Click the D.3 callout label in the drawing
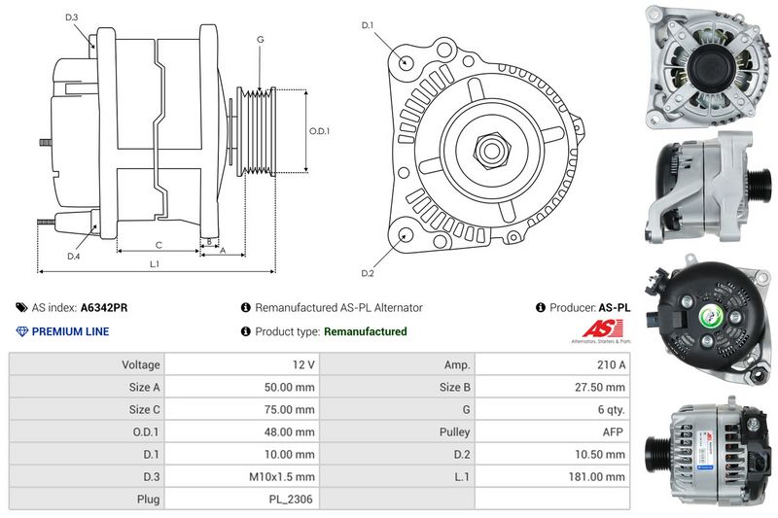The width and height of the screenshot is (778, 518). pos(72,17)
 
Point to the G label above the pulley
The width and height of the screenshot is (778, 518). pos(261,39)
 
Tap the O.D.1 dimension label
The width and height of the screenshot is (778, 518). pos(319,131)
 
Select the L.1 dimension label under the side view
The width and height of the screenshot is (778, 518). pos(155,264)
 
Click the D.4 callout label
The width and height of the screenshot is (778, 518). pos(74,257)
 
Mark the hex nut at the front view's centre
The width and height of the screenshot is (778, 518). pos(492,151)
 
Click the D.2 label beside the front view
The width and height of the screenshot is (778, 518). pos(368,273)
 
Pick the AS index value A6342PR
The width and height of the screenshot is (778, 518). pos(104,308)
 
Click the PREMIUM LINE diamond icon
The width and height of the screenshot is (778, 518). pos(21,331)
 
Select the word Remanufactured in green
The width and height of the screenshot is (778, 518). pos(366,331)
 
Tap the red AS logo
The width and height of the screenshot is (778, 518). pos(602,328)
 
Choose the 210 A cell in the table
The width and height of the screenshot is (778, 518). pos(612,364)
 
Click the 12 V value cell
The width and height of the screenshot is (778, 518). pos(303,364)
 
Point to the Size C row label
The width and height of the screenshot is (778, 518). pos(144,409)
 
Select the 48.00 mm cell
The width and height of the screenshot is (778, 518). pos(289,432)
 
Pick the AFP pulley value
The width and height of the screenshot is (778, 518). pos(613,432)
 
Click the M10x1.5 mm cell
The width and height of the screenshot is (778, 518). pos(282,477)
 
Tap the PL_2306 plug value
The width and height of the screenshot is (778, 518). pos(291,500)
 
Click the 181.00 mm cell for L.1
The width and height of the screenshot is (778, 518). pos(597,477)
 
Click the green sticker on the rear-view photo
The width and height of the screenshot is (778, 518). pos(711,316)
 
